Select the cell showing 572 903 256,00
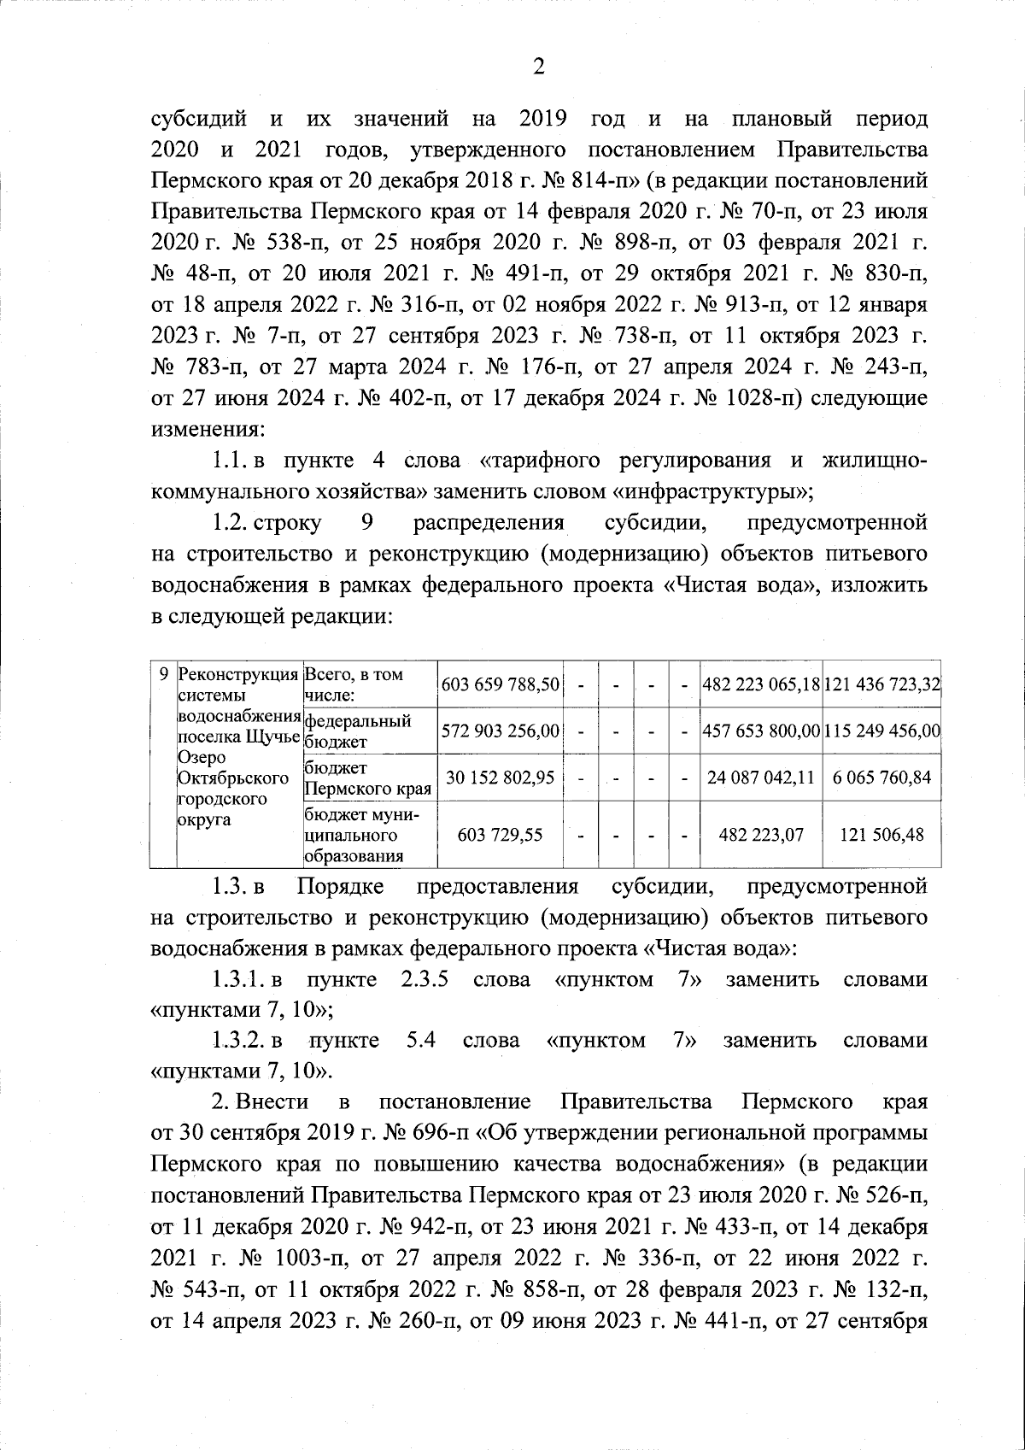[500, 731]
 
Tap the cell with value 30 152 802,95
[500, 778]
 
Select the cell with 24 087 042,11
[760, 778]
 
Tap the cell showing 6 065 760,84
[881, 778]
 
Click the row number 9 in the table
[163, 674]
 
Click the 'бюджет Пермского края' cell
[359, 778]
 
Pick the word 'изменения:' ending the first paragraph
[208, 429]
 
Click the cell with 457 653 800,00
[760, 731]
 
